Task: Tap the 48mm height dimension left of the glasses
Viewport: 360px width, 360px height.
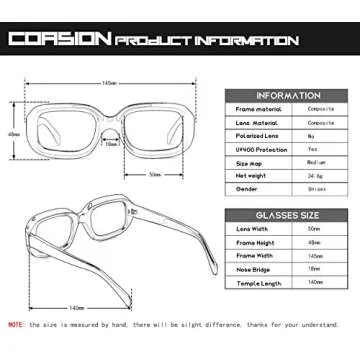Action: pos(13,132)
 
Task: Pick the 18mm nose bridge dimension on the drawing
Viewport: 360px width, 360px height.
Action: pos(112,143)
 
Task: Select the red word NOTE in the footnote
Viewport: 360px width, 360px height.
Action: pos(17,325)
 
